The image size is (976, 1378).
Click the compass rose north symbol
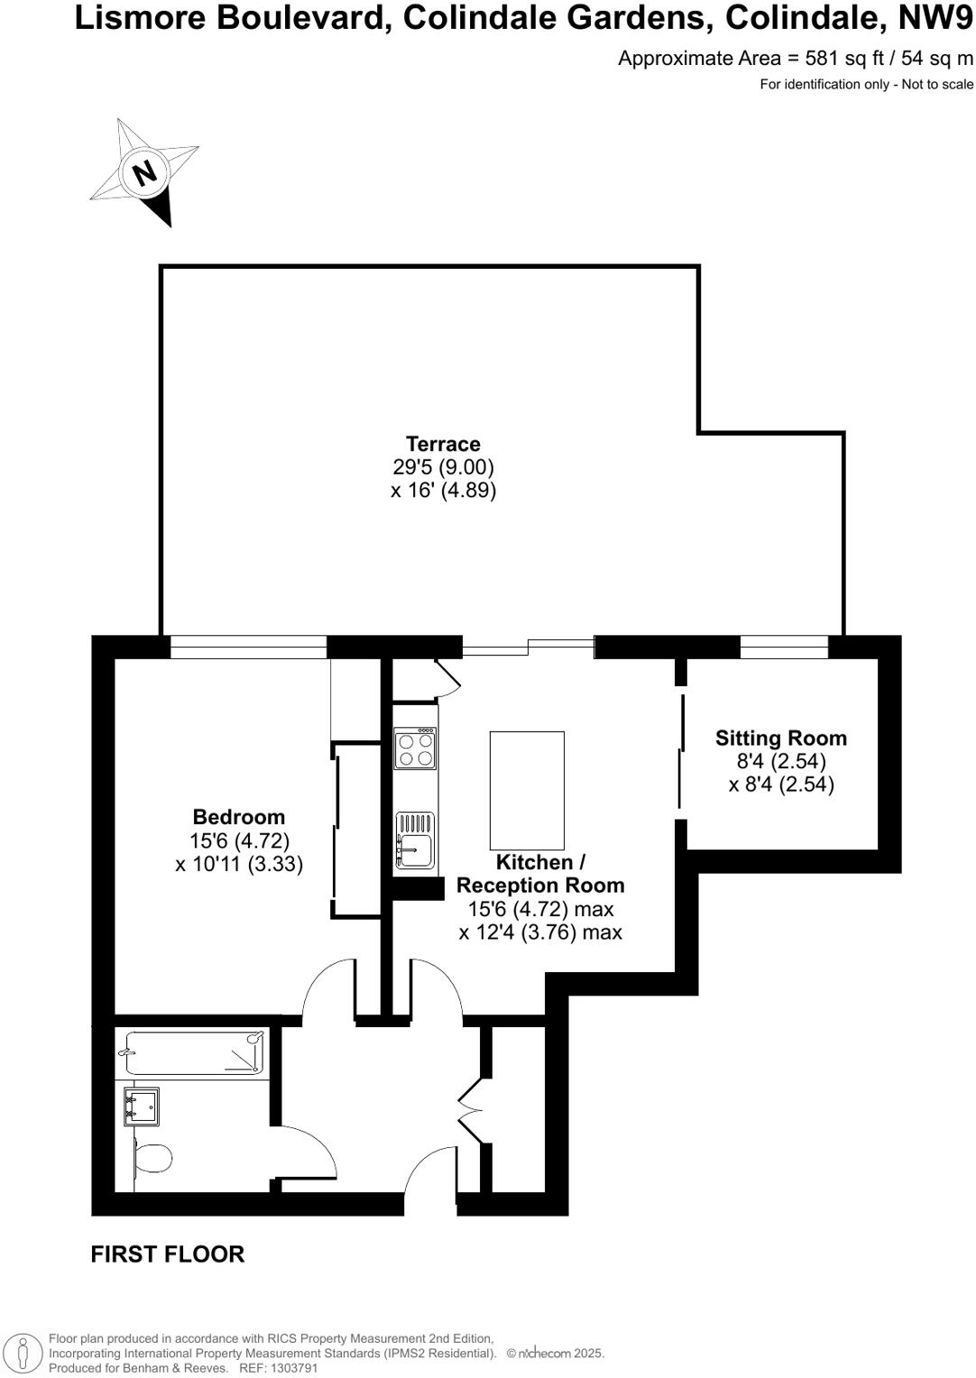tap(144, 171)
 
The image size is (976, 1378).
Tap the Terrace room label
tap(443, 444)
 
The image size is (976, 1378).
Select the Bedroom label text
tap(239, 817)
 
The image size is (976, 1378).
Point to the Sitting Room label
tap(781, 739)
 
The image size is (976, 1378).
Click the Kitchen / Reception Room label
tap(540, 874)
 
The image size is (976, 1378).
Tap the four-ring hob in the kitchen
tap(415, 749)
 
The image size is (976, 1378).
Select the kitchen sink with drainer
tap(415, 841)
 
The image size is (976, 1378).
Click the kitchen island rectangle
tap(527, 790)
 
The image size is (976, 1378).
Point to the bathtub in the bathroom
tap(194, 1053)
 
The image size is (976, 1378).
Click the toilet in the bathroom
tap(152, 1158)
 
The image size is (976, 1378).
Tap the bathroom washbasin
tap(143, 1107)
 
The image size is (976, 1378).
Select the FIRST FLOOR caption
tap(168, 1254)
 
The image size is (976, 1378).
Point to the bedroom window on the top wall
tap(248, 647)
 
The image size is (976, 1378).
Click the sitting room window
tap(784, 647)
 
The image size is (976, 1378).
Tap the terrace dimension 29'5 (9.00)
tap(443, 467)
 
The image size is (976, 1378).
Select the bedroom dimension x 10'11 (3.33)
tap(239, 864)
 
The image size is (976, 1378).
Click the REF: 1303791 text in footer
tap(278, 1368)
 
